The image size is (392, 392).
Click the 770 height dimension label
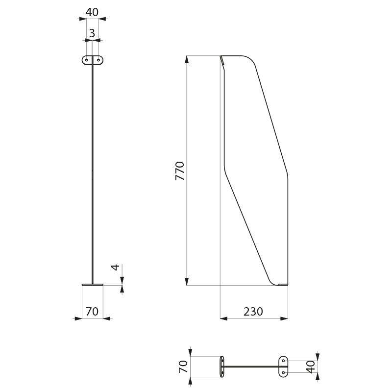tap(180, 171)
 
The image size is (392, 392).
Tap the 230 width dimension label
tap(253, 311)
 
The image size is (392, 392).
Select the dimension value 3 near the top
tap(92, 33)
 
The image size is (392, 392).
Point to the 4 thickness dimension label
tap(114, 268)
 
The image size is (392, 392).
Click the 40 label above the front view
tap(92, 12)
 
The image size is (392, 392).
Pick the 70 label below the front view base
tap(92, 311)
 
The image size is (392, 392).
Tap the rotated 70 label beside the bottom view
tap(183, 366)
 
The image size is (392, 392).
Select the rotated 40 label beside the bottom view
tap(310, 366)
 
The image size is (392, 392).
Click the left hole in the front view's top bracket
tap(87, 60)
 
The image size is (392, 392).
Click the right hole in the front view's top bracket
tap(98, 60)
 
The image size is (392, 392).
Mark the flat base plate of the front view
tap(92, 284)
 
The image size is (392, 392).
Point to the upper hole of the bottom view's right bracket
tap(283, 361)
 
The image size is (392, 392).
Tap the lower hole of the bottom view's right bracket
tap(283, 372)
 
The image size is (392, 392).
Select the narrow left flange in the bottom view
tap(222, 367)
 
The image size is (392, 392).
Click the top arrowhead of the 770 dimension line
tap(187, 59)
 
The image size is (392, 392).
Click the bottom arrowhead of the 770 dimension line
tap(187, 281)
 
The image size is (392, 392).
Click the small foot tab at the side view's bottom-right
tap(283, 284)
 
